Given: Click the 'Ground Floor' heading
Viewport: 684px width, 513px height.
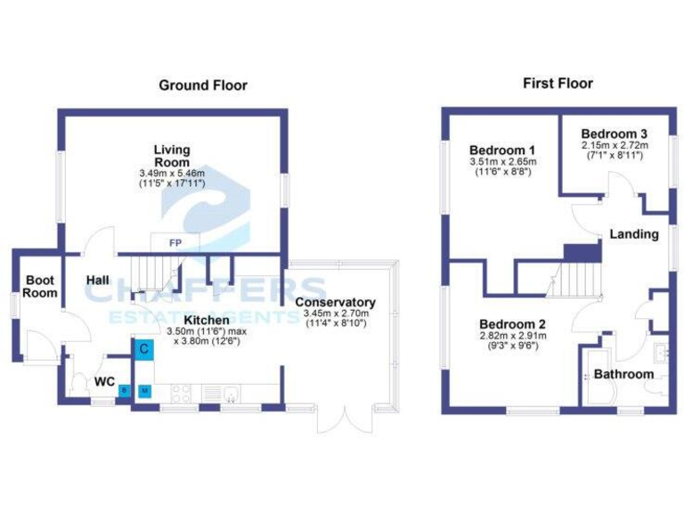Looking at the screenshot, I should pos(202,85).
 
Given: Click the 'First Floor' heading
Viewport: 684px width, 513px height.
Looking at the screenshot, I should pos(557,84).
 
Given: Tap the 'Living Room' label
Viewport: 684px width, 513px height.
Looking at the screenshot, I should pos(171,156).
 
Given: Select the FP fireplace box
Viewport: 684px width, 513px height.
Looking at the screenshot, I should pos(175,241).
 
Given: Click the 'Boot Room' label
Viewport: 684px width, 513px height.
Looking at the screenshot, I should pos(40,286).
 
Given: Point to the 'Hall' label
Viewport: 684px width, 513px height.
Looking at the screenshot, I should pos(98,281).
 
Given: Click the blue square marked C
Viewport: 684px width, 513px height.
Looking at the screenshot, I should pos(143,348).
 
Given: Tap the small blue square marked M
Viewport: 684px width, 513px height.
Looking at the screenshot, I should pos(144,390).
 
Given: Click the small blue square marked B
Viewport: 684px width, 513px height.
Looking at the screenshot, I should pos(125,390).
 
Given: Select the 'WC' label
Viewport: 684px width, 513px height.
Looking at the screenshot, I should pos(104,381).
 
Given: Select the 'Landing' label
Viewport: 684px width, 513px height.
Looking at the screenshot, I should pos(634,234).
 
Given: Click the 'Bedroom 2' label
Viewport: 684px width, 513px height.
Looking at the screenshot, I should pos(512,323).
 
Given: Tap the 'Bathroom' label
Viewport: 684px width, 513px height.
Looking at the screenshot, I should pos(623,374).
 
